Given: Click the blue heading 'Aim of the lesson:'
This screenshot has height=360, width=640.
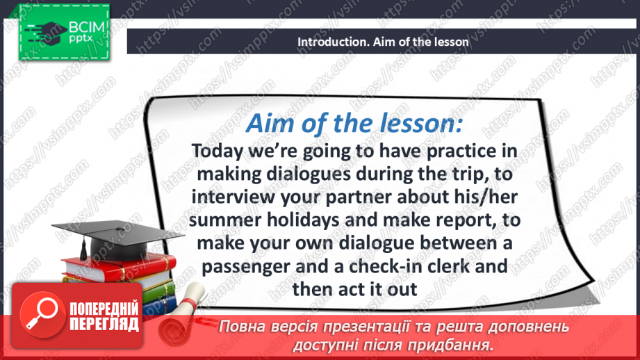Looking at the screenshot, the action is tap(354, 123).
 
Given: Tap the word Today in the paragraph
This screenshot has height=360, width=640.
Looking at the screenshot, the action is tap(218, 152).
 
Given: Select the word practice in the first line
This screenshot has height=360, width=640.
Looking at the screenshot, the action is tap(461, 152).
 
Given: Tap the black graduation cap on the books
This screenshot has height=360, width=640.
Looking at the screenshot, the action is tap(117, 240).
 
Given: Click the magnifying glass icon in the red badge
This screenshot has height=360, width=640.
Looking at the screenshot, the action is tap(42, 315).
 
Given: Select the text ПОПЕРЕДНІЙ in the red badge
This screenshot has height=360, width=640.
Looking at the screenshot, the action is tap(104, 309).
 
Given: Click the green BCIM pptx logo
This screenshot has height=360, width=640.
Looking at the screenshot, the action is tap(64, 32).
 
